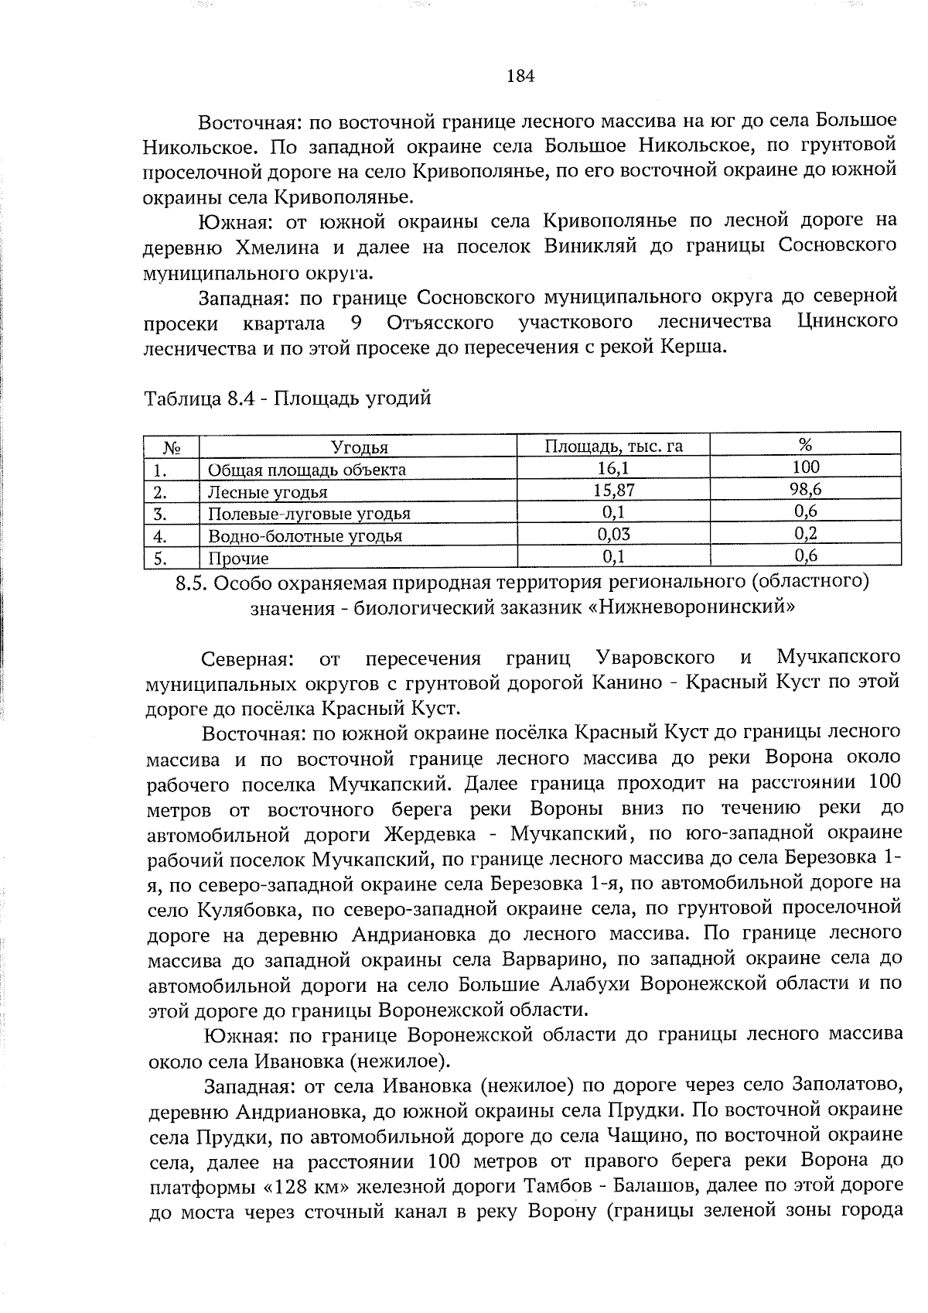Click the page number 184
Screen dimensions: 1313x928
point(520,76)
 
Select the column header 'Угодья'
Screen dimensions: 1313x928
point(359,447)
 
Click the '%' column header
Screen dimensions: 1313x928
point(805,445)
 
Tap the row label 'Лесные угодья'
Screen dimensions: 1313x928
point(268,492)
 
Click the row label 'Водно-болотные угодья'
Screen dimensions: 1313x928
point(305,536)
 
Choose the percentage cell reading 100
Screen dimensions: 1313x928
point(805,467)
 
